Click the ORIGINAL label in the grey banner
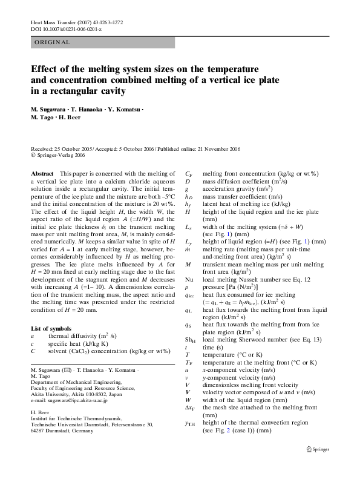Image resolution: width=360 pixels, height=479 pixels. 52,42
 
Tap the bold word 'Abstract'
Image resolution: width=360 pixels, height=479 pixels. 42,174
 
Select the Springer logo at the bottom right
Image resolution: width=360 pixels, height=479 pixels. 319,467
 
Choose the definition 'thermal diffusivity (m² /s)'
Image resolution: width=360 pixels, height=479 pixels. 82,335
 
